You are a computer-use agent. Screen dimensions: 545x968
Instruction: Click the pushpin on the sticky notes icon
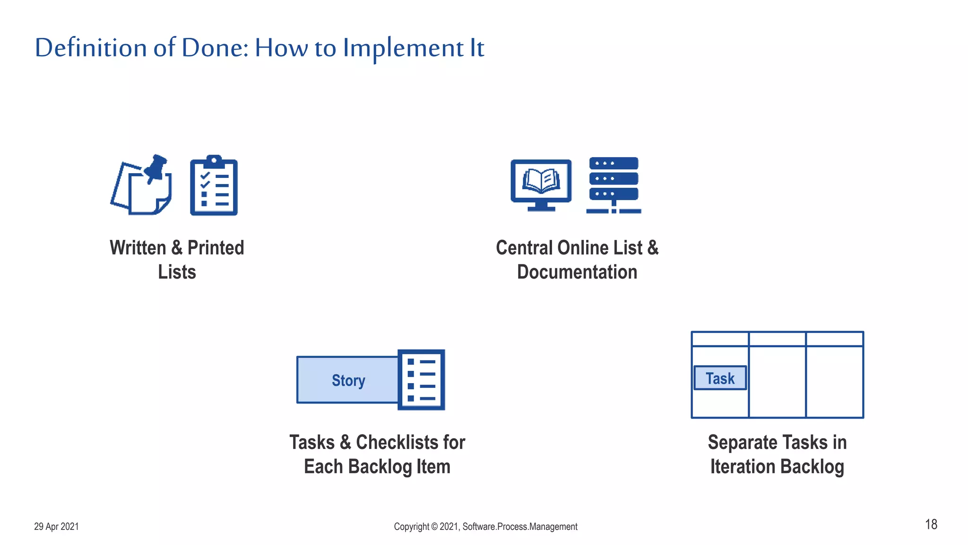(156, 167)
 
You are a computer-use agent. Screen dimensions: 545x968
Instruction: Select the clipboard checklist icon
(214, 186)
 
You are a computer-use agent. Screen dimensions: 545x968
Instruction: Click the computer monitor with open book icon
(541, 185)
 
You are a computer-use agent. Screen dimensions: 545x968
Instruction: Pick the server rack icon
(614, 185)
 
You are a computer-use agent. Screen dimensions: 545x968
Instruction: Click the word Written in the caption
(138, 248)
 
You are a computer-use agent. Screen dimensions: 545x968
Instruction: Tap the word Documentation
(577, 272)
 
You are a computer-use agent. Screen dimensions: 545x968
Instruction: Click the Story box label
(348, 380)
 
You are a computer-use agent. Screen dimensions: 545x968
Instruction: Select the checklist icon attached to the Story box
(421, 380)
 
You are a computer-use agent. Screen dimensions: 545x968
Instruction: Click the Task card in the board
(720, 378)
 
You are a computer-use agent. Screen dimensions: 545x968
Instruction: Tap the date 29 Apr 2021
(56, 527)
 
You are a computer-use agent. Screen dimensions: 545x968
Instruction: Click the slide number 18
(931, 525)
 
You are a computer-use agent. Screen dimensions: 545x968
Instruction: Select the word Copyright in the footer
(411, 527)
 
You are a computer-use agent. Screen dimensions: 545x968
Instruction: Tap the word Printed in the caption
(216, 248)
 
